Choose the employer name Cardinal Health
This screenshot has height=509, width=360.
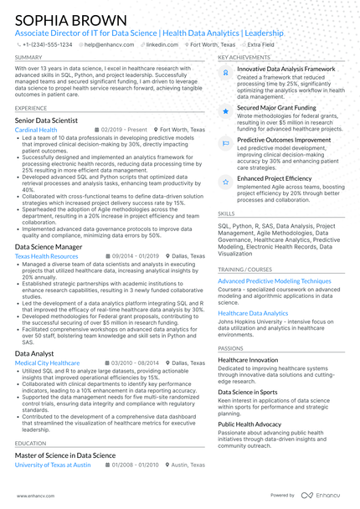[36, 131]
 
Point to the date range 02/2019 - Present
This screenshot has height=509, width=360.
[123, 131]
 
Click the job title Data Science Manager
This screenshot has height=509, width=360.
[49, 247]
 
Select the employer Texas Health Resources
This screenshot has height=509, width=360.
[46, 257]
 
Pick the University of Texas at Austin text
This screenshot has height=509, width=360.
[53, 464]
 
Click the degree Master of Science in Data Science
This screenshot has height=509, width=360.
[65, 455]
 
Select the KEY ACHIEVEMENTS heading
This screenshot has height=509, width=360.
[244, 58]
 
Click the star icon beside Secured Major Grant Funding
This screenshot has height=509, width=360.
[225, 110]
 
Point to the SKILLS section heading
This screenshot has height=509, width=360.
[226, 214]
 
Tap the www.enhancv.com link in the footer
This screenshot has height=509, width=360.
[33, 496]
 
